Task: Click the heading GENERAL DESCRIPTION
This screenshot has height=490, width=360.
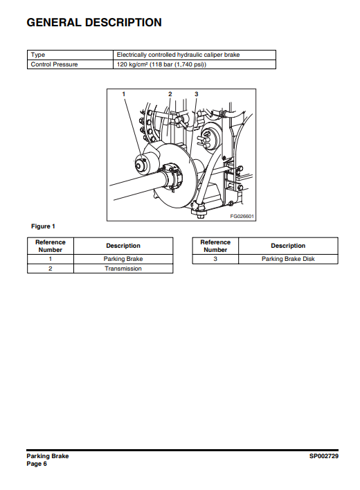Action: click(x=94, y=23)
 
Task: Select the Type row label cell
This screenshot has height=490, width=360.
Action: click(x=70, y=55)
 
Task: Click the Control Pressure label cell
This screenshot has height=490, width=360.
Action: click(x=70, y=64)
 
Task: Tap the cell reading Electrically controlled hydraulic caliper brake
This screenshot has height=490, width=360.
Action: click(x=195, y=55)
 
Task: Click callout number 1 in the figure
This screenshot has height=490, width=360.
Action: click(x=124, y=94)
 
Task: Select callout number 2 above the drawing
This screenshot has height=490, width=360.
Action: click(x=170, y=94)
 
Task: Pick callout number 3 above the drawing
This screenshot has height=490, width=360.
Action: click(x=196, y=94)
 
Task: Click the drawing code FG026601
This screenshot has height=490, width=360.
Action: click(x=242, y=216)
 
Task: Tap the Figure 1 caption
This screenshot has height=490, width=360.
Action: click(x=43, y=226)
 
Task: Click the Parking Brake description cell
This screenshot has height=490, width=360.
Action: click(x=123, y=259)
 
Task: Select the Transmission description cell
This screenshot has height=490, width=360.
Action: click(x=123, y=269)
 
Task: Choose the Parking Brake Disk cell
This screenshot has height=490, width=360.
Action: click(x=288, y=259)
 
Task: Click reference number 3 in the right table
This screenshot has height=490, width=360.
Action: click(x=215, y=259)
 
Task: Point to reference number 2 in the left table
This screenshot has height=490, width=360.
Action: click(x=51, y=269)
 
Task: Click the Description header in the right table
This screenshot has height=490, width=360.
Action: click(x=288, y=246)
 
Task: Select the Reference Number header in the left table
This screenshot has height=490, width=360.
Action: click(x=51, y=246)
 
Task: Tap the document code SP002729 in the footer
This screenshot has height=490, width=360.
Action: click(x=324, y=456)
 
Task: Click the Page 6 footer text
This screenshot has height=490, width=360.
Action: click(x=37, y=464)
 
